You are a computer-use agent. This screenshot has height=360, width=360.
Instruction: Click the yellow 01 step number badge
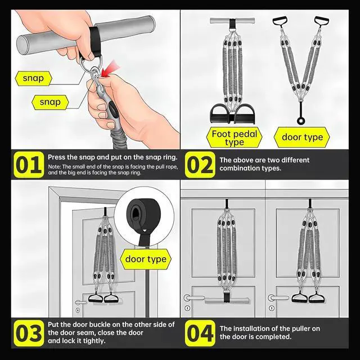pos(29,165)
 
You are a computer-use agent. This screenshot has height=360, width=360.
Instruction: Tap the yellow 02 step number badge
pos(200,165)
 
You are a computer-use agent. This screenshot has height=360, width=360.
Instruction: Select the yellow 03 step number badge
pos(29,333)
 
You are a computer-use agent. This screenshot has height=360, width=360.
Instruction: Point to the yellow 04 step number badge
pos(200,333)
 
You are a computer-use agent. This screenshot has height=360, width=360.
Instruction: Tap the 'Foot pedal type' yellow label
pos(234,138)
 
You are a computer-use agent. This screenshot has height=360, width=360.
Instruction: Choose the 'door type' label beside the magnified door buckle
pos(146,259)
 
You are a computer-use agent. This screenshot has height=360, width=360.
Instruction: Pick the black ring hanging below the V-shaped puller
pos(300,120)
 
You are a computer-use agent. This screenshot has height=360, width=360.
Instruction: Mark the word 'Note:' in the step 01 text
pos(54,166)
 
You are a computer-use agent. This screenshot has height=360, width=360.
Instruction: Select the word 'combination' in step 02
pos(240,168)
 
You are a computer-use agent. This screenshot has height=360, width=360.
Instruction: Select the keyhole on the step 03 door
pos(78,310)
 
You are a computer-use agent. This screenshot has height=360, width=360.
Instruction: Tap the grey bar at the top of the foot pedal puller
pos(232,21)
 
